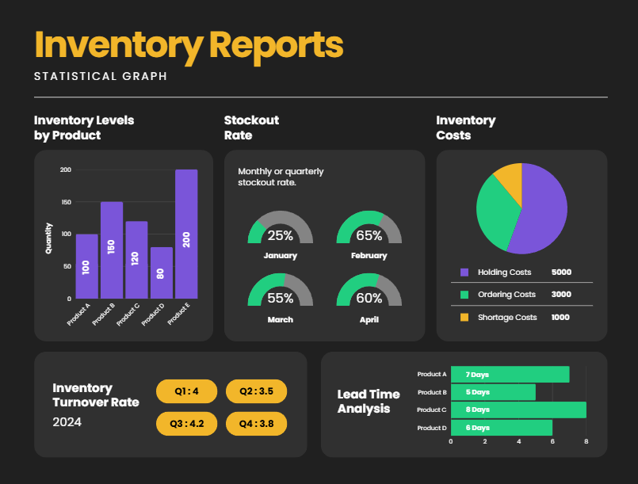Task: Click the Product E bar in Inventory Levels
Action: click(x=186, y=234)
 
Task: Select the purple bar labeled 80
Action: click(x=161, y=272)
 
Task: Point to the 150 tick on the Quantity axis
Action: click(x=65, y=202)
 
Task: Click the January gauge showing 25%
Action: click(x=280, y=231)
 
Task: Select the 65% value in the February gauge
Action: click(x=369, y=235)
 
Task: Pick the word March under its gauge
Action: click(x=280, y=319)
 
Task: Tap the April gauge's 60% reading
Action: click(x=369, y=299)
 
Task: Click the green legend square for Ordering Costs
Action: click(x=464, y=295)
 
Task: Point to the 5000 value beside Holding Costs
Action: click(x=561, y=272)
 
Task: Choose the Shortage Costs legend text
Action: click(x=507, y=317)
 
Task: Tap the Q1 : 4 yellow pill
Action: click(x=186, y=391)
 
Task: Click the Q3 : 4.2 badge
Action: click(x=186, y=423)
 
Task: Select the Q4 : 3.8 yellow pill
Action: click(x=256, y=423)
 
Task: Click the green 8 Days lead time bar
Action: click(x=518, y=410)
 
